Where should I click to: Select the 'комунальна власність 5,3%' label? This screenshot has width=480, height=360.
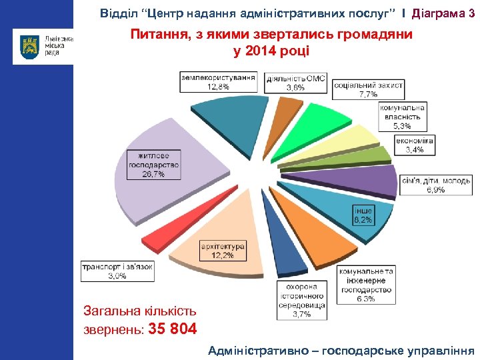(x=403, y=117)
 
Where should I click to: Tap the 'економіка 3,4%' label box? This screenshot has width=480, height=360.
(x=414, y=145)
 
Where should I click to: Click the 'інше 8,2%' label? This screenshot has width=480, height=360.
(x=363, y=214)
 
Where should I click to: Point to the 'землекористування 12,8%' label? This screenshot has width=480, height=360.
(x=218, y=82)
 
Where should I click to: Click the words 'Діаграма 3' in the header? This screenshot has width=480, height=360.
(x=443, y=13)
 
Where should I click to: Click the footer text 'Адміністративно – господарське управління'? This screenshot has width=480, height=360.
(x=341, y=349)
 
